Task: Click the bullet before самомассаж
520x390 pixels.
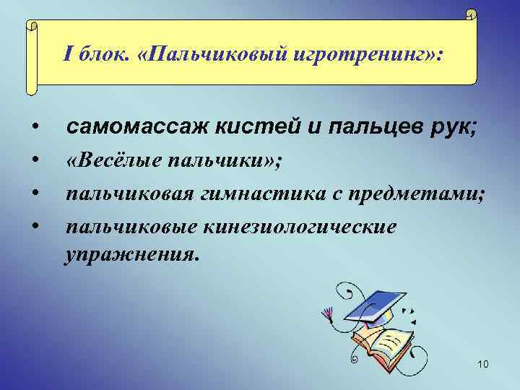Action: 34,129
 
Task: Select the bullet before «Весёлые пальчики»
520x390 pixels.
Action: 34,162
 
